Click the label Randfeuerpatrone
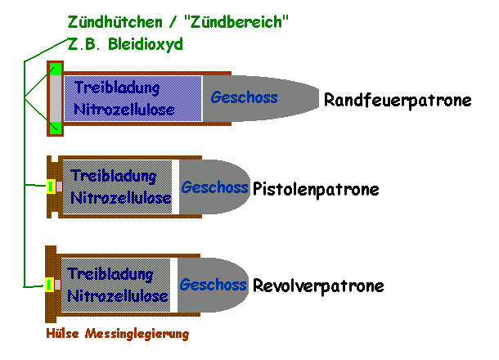(x=398, y=101)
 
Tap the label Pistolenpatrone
(x=316, y=190)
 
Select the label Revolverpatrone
(x=318, y=286)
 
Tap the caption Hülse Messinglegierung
(x=117, y=334)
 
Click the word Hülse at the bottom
(x=61, y=334)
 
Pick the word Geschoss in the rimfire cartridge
(x=244, y=97)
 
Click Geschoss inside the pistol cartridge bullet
(x=214, y=187)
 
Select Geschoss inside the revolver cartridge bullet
(x=213, y=285)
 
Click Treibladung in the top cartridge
(x=115, y=87)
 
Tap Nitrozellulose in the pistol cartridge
(x=121, y=198)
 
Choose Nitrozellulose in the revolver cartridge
(x=119, y=295)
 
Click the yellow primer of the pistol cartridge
(x=50, y=187)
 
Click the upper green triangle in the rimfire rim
(x=55, y=70)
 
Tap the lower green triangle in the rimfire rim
(x=55, y=126)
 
